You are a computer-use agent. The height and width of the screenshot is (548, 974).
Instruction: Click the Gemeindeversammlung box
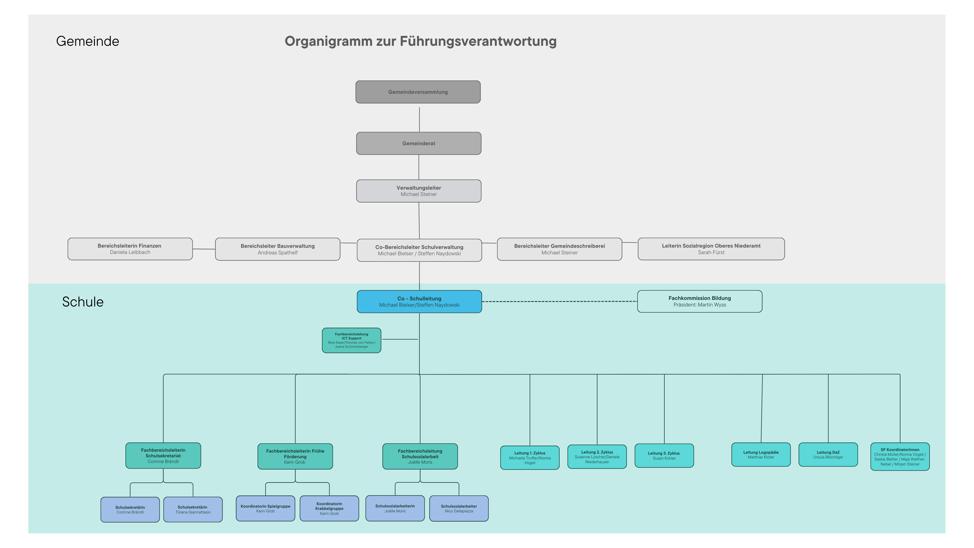click(418, 92)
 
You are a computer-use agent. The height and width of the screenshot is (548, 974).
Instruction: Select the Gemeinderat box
click(418, 143)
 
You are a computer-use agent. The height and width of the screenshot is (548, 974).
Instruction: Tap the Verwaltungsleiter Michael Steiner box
click(418, 191)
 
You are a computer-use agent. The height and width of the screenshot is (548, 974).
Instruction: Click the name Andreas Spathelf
click(278, 253)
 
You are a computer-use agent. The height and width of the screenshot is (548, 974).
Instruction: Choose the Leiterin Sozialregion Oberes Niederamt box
click(711, 249)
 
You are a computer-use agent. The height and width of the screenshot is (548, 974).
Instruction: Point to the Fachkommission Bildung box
click(699, 302)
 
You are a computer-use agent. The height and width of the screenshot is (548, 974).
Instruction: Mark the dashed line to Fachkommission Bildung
click(560, 302)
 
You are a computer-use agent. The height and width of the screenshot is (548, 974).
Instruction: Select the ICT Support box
click(351, 340)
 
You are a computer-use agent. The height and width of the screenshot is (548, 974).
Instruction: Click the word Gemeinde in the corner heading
click(87, 41)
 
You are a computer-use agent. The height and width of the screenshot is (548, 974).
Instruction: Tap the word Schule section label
click(83, 302)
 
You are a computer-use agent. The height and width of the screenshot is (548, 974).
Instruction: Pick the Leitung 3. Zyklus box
click(664, 456)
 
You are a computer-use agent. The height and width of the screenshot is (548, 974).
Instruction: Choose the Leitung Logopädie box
click(761, 455)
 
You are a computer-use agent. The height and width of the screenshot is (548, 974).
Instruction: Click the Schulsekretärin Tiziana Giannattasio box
click(193, 509)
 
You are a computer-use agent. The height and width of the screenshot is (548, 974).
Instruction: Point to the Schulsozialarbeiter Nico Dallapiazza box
click(459, 508)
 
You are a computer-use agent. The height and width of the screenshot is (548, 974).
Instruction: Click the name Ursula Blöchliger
click(828, 457)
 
